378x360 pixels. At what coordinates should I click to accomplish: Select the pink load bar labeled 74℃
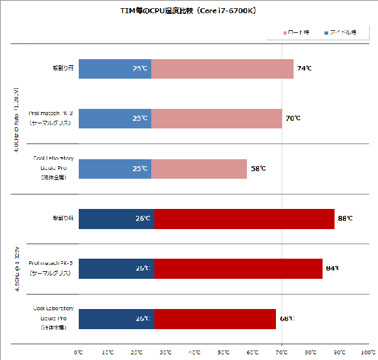click(222, 69)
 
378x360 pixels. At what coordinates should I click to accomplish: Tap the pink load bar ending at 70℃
click(217, 118)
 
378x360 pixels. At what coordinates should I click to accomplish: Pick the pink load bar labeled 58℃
click(199, 168)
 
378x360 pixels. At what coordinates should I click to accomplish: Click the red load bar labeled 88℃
click(244, 218)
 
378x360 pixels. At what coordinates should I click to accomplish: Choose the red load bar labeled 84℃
click(239, 268)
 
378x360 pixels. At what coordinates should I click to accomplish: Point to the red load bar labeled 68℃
click(215, 318)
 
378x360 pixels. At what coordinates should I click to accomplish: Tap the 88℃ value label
click(345, 218)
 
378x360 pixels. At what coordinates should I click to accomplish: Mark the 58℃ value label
click(258, 168)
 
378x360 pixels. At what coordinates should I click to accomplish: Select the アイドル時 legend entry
click(340, 32)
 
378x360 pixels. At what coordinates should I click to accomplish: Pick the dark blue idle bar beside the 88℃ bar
click(117, 218)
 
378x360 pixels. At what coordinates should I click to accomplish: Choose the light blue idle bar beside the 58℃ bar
click(115, 168)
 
